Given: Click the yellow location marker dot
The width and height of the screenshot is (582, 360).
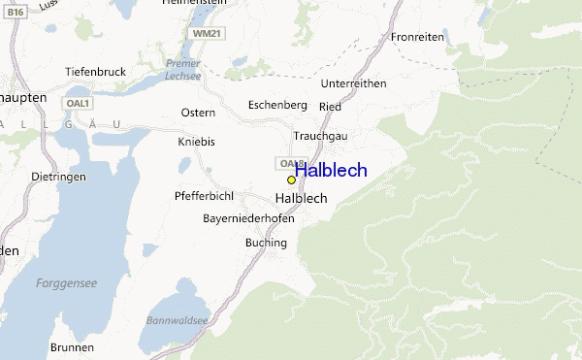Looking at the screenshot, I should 291,180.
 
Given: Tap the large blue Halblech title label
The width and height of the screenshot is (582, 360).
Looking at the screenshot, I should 331,171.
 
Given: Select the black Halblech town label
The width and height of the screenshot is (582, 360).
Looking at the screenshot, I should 301,198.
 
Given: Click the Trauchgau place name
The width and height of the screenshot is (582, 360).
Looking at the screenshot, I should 320,136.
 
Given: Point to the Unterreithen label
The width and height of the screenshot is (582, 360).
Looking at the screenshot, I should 353,83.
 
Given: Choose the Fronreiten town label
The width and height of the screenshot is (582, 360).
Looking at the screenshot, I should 417,37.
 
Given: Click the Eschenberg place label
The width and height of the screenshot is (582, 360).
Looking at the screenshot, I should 277,105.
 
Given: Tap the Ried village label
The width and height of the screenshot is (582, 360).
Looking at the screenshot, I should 330,105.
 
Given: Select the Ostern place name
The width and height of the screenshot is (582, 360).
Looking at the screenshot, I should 198,113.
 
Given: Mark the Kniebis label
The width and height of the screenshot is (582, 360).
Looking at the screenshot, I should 196,142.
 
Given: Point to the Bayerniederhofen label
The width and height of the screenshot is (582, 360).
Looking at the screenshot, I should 248,218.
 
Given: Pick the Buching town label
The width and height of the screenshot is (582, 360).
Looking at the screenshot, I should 267,243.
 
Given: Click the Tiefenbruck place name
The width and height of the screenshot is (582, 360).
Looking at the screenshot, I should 96,72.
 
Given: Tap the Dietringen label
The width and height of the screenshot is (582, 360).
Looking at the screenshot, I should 58,178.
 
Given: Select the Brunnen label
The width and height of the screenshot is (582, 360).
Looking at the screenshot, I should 75,346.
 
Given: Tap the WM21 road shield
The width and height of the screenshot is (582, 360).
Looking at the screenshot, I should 208,32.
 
